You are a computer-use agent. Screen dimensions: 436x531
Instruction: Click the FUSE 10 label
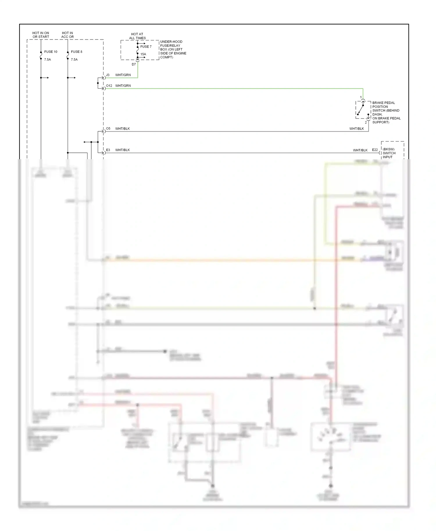[51, 52]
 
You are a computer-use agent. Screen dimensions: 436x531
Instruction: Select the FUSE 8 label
[76, 52]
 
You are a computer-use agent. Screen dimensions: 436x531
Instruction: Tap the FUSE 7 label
[146, 46]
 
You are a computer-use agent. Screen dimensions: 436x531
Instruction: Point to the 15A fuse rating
[143, 54]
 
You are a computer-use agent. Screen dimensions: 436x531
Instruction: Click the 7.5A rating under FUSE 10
[47, 60]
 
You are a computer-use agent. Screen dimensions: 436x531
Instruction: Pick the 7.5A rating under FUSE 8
[74, 60]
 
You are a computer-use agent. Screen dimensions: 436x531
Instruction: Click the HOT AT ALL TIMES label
[137, 36]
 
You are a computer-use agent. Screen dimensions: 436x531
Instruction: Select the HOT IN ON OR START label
[41, 35]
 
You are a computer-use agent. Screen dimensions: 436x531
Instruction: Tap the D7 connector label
[134, 64]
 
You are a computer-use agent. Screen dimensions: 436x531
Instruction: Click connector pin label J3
[108, 75]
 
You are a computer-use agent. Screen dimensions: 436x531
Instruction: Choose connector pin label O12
[109, 86]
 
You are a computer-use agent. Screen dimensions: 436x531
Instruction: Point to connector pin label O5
[108, 128]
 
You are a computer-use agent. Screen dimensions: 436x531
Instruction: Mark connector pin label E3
[108, 150]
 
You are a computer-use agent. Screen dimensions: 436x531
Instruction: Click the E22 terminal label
[375, 150]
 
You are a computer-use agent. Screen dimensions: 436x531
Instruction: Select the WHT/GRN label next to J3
[123, 75]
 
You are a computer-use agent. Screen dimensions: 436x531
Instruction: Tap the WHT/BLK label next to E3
[122, 150]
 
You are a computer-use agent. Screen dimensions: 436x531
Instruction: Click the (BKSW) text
[389, 149]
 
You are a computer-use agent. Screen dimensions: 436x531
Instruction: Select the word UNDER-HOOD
[171, 42]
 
